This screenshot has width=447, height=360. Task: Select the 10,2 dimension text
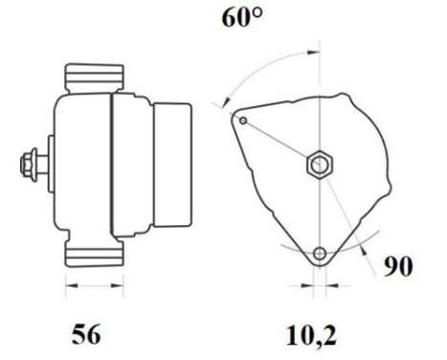click(312, 335)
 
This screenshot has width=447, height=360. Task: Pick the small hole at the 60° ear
click(244, 120)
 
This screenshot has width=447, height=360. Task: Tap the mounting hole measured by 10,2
click(319, 254)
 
